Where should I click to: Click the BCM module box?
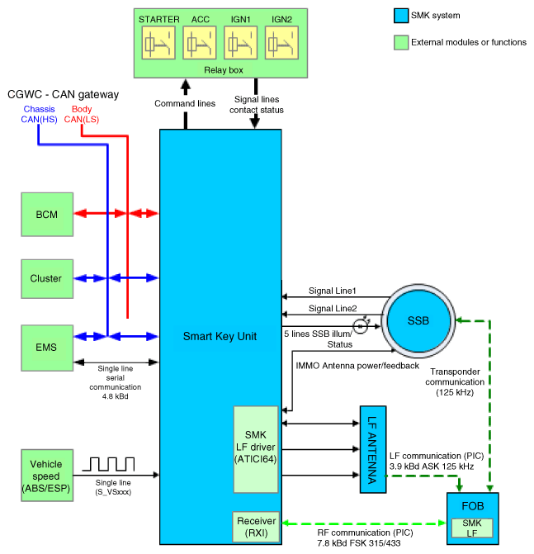(x=47, y=215)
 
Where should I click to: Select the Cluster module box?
(x=47, y=279)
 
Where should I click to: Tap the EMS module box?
(x=47, y=348)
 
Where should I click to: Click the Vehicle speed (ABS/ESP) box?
(x=47, y=476)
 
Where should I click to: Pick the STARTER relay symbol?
(x=158, y=43)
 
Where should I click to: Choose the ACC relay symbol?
(x=200, y=43)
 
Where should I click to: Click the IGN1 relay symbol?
(x=240, y=43)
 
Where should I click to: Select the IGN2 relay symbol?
(x=281, y=43)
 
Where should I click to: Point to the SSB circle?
(x=418, y=321)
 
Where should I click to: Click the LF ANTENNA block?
(x=373, y=449)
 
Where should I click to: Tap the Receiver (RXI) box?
(x=256, y=527)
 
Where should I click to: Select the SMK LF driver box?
(x=256, y=449)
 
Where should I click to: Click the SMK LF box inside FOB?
(x=472, y=528)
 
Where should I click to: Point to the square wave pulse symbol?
(x=108, y=464)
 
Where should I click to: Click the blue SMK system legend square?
(x=401, y=16)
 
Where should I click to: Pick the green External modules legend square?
(x=401, y=42)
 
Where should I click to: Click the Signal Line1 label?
(x=333, y=291)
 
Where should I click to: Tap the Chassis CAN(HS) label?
(x=39, y=114)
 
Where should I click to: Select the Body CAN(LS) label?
(x=82, y=114)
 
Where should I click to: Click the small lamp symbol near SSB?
(x=361, y=326)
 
